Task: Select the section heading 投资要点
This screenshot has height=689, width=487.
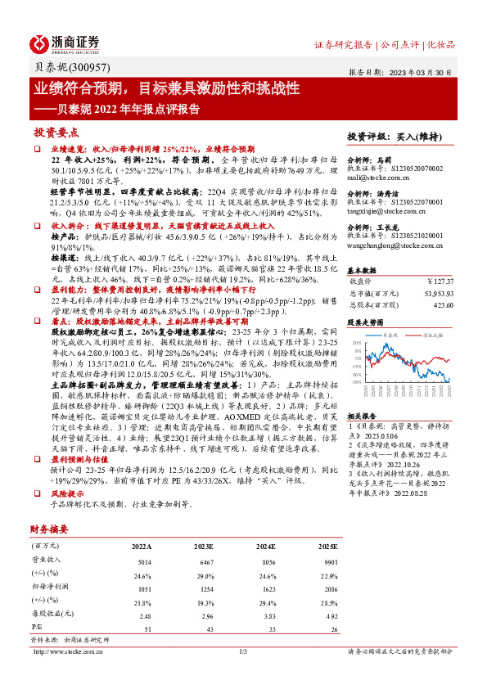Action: (x=56, y=132)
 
